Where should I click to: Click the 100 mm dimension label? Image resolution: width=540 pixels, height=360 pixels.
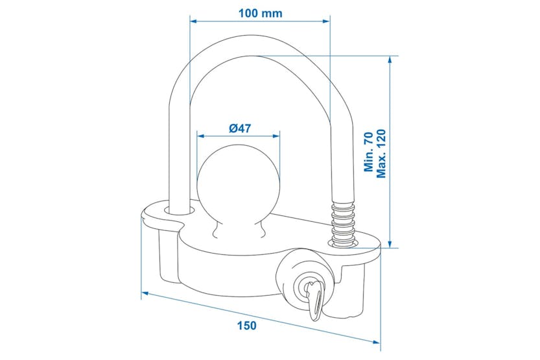point(261,12)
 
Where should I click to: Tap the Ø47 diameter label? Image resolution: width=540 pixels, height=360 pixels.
point(240,128)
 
